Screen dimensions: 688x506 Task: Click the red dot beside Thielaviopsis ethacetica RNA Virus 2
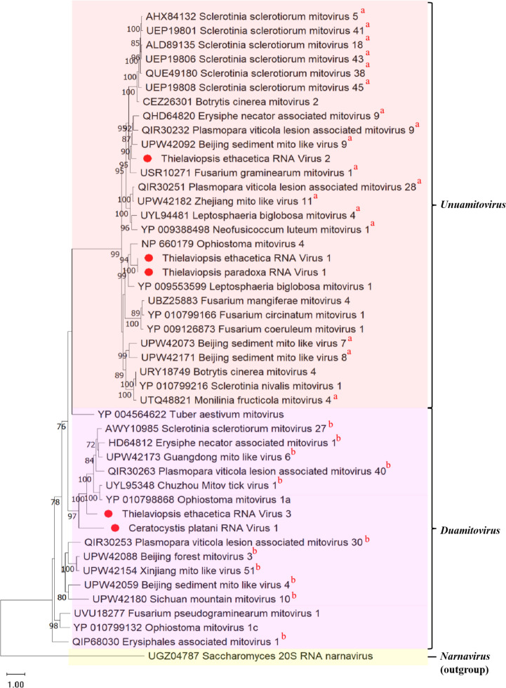[147, 160]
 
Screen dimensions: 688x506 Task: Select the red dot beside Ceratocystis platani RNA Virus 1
[116, 528]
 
